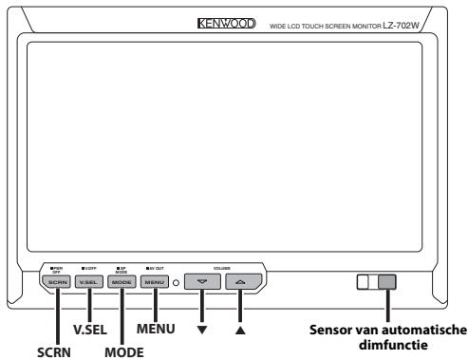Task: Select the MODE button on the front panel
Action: pyautogui.click(x=121, y=283)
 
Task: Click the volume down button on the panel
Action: pyautogui.click(x=202, y=283)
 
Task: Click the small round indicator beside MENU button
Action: pyautogui.click(x=176, y=283)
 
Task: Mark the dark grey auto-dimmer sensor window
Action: pyautogui.click(x=387, y=282)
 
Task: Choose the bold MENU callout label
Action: pyautogui.click(x=157, y=332)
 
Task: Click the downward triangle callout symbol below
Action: pyautogui.click(x=202, y=332)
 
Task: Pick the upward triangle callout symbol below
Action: pyautogui.click(x=239, y=332)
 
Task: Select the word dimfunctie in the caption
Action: pyautogui.click(x=387, y=345)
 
